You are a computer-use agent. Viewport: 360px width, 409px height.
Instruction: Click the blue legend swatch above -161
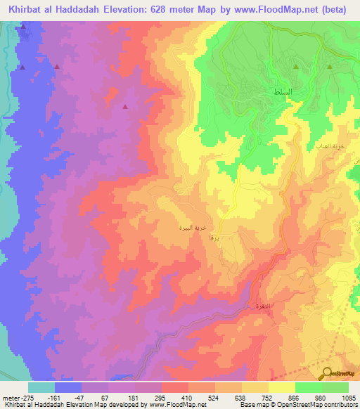(68, 387)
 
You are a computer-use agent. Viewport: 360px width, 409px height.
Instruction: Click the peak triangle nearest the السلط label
(295, 67)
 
